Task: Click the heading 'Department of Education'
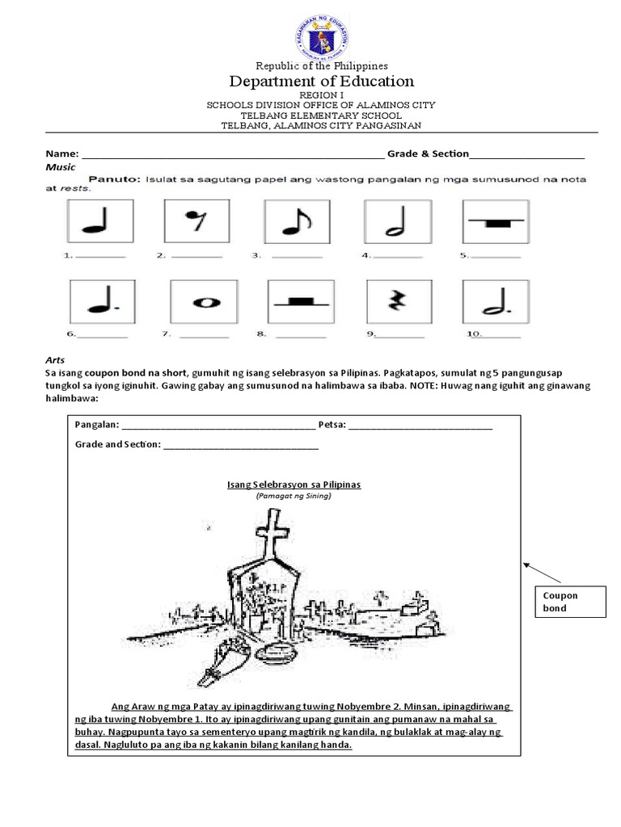tap(322, 81)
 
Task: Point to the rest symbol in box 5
tap(494, 221)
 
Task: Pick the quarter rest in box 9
tap(395, 302)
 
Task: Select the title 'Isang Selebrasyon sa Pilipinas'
tap(294, 484)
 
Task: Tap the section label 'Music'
tap(60, 167)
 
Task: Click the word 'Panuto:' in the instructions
tap(115, 179)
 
